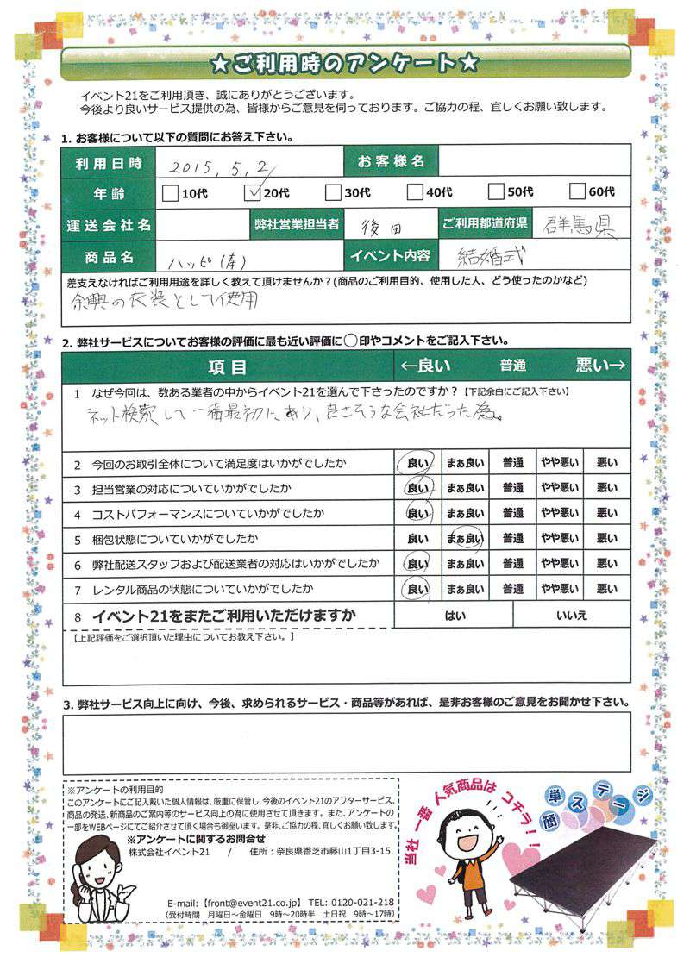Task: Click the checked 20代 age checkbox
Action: coord(254,192)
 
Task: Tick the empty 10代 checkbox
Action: coord(171,192)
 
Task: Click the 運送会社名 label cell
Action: coord(109,225)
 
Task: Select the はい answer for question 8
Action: coord(455,616)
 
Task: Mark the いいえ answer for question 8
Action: coord(572,616)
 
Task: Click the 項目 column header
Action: coord(229,366)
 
